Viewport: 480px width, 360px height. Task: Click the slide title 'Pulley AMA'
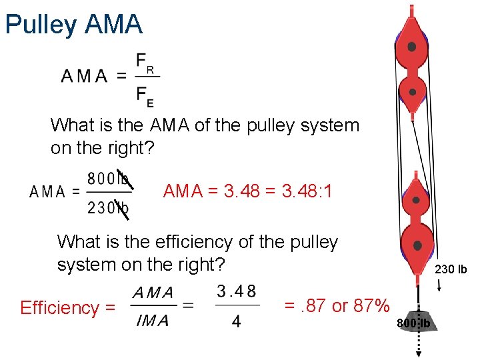coord(73,25)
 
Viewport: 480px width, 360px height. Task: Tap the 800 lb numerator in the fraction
coord(107,179)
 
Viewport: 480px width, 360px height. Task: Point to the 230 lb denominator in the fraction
coord(107,208)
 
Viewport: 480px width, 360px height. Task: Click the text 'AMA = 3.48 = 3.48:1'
coord(248,192)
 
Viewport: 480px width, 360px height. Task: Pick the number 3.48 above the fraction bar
coord(236,291)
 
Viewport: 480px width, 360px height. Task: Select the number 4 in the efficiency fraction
coord(237,322)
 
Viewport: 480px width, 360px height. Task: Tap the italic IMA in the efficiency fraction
coord(153,321)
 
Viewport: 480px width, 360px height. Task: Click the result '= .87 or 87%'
coord(337,306)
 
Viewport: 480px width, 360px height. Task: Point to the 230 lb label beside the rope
coord(451,270)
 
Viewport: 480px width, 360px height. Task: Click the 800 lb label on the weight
coord(416,324)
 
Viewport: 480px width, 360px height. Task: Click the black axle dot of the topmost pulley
coord(412,47)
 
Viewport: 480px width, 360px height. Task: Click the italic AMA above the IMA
coord(153,292)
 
